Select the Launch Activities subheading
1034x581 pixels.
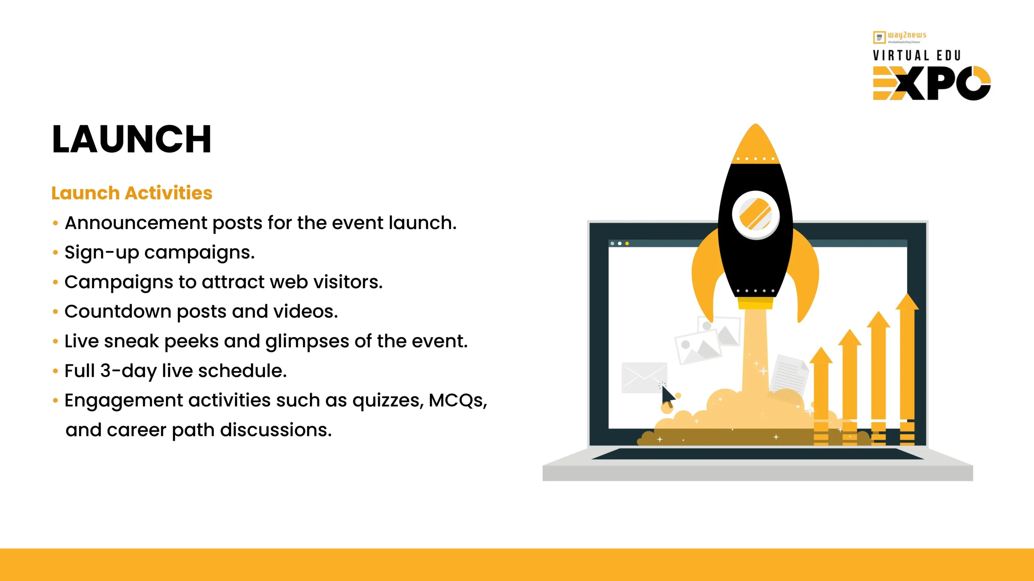(x=132, y=193)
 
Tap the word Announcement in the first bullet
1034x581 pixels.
(x=136, y=223)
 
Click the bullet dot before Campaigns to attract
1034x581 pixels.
(x=55, y=282)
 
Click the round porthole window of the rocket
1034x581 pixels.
(x=756, y=215)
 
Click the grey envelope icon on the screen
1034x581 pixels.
(x=644, y=378)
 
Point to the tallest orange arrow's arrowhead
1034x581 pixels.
(x=907, y=301)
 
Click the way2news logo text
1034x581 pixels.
(x=907, y=35)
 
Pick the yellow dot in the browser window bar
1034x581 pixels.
(x=627, y=243)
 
